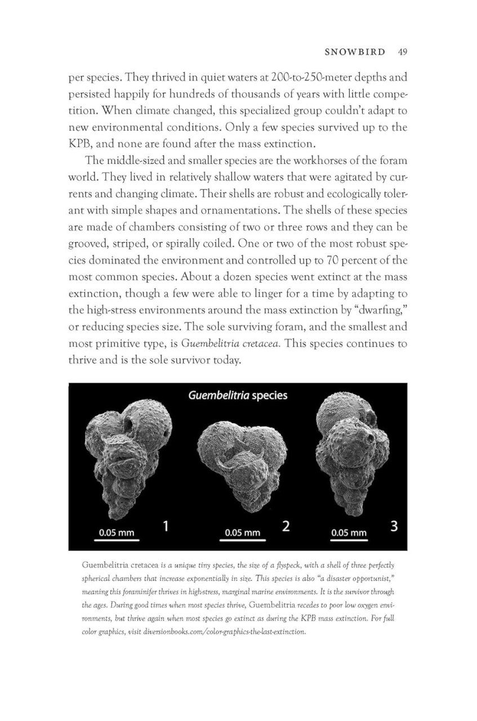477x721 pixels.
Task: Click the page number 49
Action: pyautogui.click(x=402, y=52)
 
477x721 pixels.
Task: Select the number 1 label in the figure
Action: pyautogui.click(x=167, y=527)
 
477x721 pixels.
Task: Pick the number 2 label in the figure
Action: pyautogui.click(x=286, y=527)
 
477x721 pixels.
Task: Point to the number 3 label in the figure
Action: pyautogui.click(x=394, y=527)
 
